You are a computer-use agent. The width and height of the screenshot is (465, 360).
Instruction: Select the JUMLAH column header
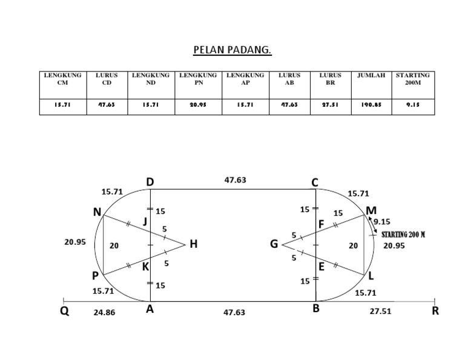371,76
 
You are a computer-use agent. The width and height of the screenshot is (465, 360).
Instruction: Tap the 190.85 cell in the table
371,105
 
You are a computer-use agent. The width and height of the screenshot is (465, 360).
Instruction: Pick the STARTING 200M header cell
413,79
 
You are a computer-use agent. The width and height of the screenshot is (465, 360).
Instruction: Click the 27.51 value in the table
331,105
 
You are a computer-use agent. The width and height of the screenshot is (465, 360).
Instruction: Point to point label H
194,245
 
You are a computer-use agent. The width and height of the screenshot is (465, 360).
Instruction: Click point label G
274,245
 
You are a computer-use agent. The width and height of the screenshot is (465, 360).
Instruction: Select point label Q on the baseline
65,313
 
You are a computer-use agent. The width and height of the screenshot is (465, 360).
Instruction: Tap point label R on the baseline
435,312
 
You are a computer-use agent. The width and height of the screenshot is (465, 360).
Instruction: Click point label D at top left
150,182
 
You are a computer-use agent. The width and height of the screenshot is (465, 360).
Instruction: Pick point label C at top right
315,182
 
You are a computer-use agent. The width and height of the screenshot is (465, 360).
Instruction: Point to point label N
97,212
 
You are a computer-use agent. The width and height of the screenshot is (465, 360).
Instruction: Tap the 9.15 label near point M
382,222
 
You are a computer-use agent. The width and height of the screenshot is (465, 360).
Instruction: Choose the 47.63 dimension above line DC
235,180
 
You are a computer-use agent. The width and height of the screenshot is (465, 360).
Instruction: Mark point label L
371,276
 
